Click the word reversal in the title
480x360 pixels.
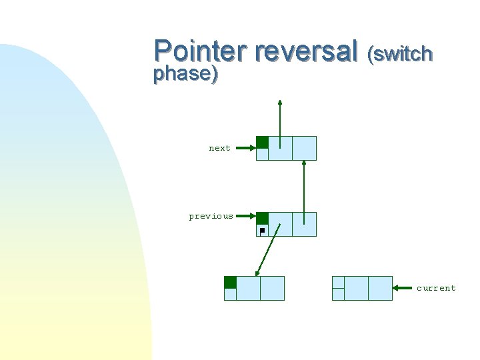pos(306,51)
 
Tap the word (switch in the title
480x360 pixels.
pos(400,53)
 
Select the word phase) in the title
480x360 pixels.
pos(185,74)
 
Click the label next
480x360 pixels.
pos(219,148)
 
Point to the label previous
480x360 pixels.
pos(211,216)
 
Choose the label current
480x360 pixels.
pos(436,288)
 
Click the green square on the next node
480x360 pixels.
pos(263,142)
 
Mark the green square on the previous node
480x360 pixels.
pos(263,218)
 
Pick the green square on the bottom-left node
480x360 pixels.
pos(230,282)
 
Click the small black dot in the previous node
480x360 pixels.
pos(262,230)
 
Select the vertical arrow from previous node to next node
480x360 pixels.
pos(304,190)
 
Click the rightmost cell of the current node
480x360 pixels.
pos(380,288)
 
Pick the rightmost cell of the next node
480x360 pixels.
pos(304,148)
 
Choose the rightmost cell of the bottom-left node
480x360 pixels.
pos(272,288)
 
